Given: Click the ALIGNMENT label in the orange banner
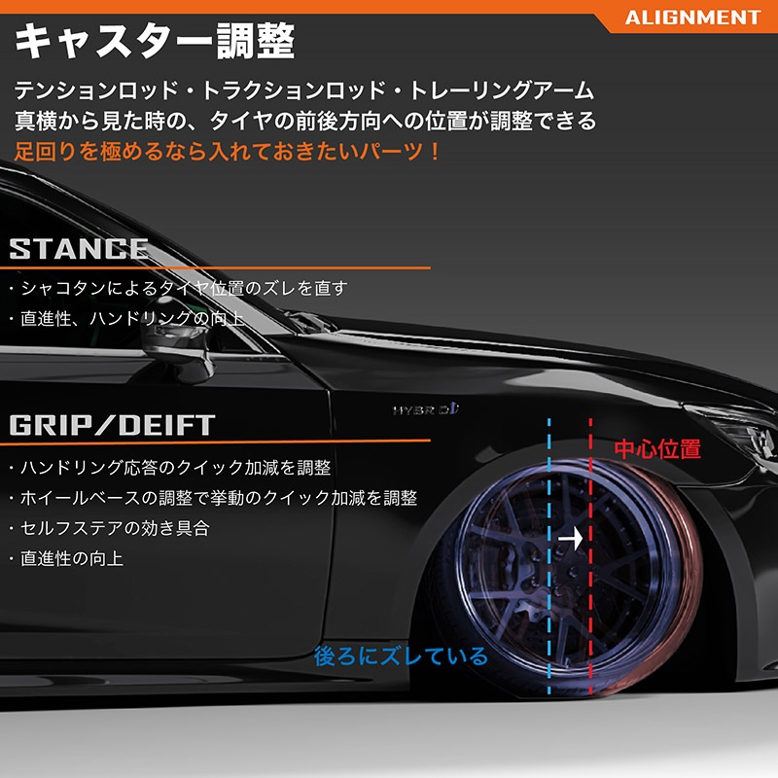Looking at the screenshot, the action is pos(692,18).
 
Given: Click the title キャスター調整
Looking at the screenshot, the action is pos(155,41).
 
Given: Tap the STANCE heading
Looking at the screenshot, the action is pos(79,249).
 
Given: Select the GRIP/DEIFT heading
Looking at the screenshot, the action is pos(112,425).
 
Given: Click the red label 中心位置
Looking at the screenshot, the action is pos(657,449).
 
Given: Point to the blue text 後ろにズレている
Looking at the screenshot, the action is pos(401,655).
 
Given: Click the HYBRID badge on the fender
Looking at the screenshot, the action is pos(426,409).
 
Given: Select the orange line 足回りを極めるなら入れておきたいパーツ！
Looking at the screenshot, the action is pos(228,152).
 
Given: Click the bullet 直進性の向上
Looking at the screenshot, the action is pos(66,558).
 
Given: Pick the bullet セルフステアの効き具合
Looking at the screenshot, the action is pos(110,528).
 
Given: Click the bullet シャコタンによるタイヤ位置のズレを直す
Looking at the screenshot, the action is pos(179,288).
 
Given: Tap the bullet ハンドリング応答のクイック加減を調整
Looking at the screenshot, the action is pos(170,468).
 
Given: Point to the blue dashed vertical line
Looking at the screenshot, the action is pos(549,555).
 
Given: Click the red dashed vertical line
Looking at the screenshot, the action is pos(590,555).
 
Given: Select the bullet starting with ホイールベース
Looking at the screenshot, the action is pos(213,498).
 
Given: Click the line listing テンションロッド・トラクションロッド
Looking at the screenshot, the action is pos(303,90).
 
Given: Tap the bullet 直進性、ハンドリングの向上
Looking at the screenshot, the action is pos(126,319).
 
